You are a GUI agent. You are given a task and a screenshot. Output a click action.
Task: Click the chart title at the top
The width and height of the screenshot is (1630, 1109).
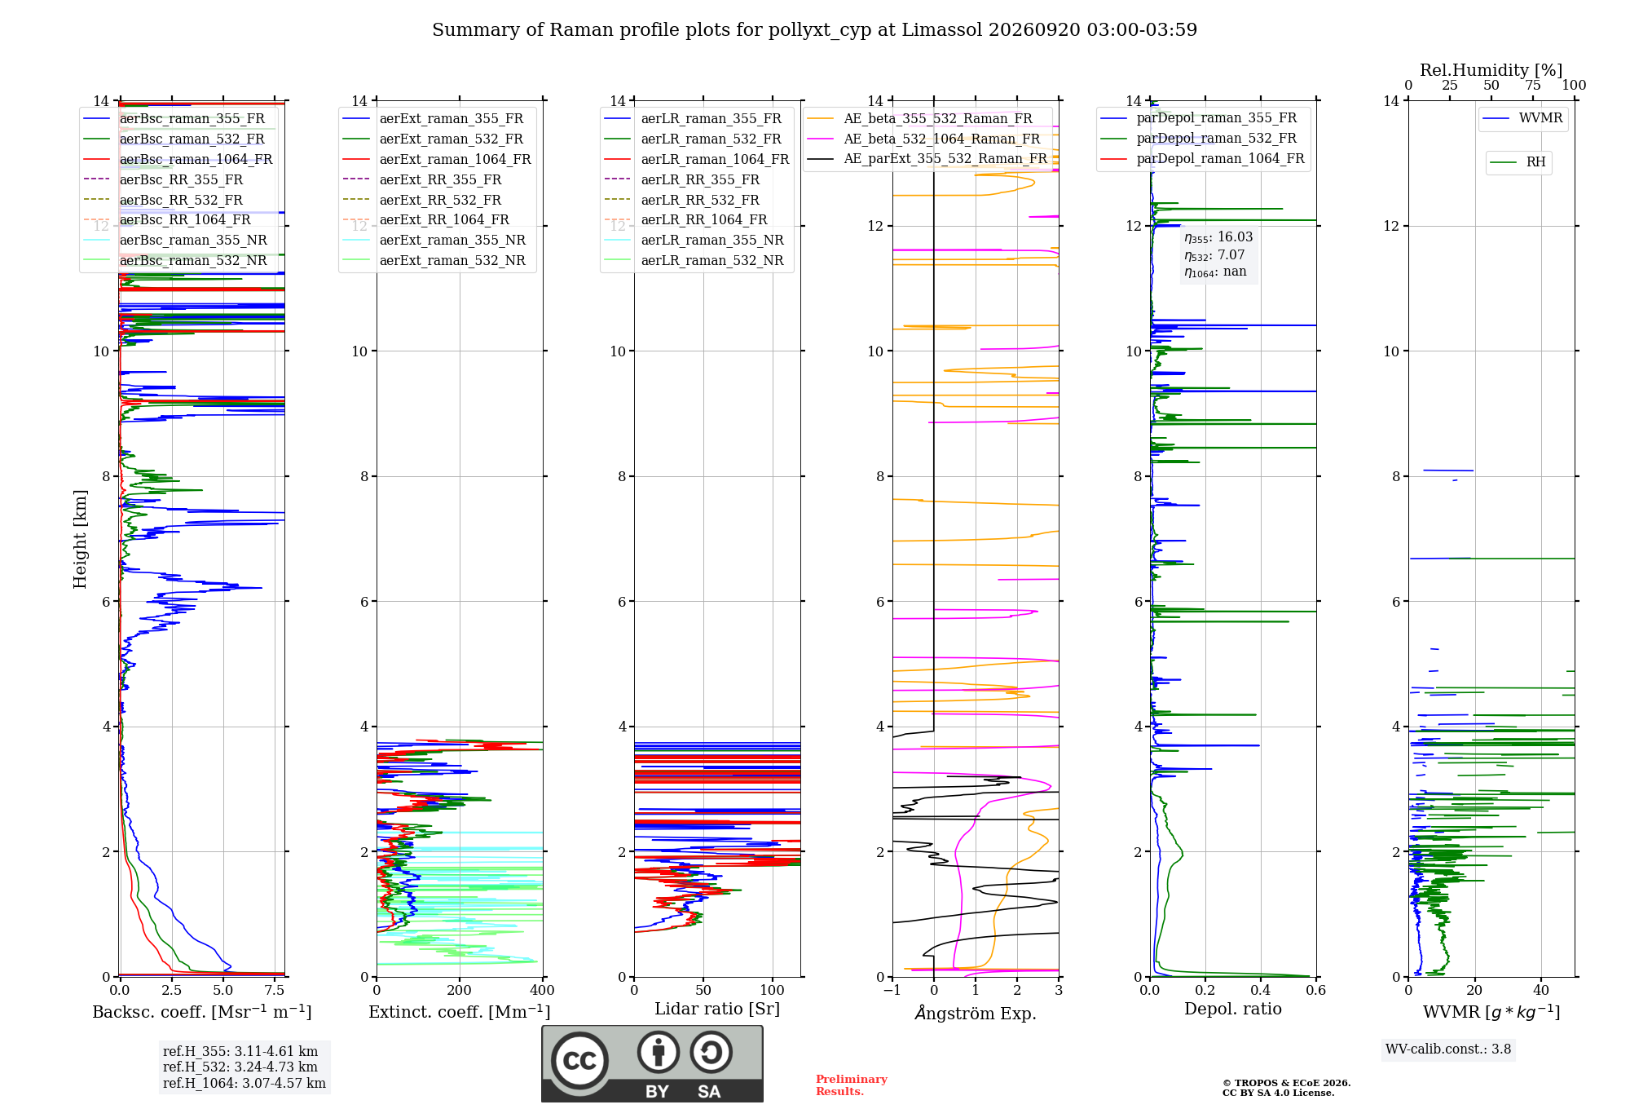click(x=814, y=30)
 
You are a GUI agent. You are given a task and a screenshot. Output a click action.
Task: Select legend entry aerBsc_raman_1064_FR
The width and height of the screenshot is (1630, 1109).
click(x=196, y=159)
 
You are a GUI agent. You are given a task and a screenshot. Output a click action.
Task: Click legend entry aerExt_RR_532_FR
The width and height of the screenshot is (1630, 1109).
click(x=440, y=200)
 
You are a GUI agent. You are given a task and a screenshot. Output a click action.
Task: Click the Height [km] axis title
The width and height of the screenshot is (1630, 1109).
click(x=80, y=539)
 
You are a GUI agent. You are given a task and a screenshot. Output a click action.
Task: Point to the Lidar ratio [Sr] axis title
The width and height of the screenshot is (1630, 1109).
click(x=717, y=1010)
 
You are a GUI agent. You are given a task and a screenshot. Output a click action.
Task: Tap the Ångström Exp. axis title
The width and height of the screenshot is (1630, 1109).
click(x=976, y=1013)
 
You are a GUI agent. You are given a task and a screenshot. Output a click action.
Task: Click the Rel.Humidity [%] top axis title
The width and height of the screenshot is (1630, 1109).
click(x=1491, y=70)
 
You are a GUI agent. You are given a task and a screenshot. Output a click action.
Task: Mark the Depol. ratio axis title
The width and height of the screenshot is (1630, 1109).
click(x=1233, y=1010)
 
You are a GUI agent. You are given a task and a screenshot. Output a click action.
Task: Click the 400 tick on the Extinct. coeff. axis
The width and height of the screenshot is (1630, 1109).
click(x=543, y=991)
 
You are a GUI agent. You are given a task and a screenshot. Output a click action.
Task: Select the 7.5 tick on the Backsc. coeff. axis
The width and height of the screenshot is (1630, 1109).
click(x=275, y=991)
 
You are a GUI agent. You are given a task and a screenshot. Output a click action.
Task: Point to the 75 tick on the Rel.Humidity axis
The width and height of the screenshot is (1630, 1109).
click(x=1533, y=86)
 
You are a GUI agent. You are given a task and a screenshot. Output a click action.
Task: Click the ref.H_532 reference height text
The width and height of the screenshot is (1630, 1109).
click(x=240, y=1067)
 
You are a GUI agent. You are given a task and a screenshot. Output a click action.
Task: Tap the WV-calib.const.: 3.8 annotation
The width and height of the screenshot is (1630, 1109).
click(x=1448, y=1049)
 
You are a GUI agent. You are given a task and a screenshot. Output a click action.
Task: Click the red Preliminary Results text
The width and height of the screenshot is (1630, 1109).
click(x=852, y=1085)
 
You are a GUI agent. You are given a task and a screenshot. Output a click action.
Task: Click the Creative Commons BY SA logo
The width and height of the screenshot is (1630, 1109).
click(x=653, y=1064)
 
